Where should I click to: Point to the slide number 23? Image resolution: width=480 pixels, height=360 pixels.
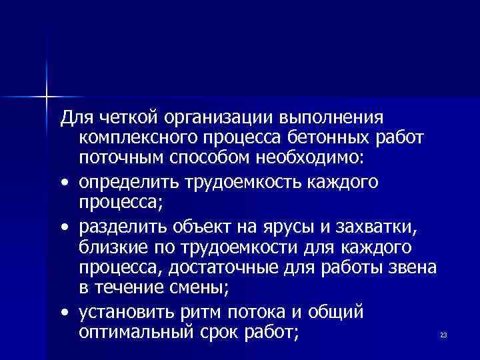(x=443, y=335)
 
